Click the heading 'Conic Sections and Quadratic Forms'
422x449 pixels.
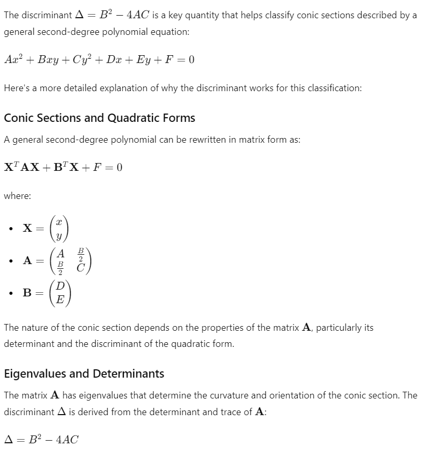pos(99,118)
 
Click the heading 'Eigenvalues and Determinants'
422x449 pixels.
pos(84,373)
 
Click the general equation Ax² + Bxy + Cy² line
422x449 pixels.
pos(99,59)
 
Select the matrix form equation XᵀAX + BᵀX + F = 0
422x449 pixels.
pos(63,167)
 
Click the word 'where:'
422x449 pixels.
pos(17,196)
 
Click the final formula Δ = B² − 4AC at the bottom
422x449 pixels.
pos(41,439)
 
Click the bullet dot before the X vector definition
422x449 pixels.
pos(10,229)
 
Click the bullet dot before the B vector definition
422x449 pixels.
pos(10,293)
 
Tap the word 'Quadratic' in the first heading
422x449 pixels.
pos(132,118)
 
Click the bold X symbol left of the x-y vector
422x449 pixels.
pos(28,229)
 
